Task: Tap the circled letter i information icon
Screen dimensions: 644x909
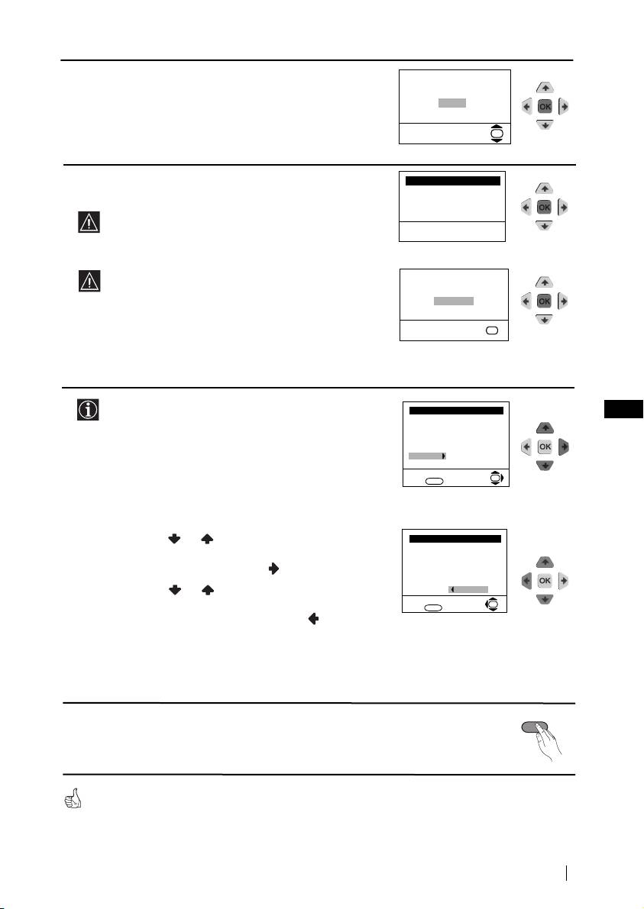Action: click(x=88, y=409)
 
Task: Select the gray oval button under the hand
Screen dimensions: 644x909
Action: click(x=534, y=727)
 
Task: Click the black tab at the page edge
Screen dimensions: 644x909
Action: click(x=623, y=408)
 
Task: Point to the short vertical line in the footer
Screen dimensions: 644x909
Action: click(x=566, y=873)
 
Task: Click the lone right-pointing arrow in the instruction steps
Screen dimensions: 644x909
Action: click(x=273, y=569)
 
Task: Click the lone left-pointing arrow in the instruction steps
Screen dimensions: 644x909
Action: click(x=313, y=618)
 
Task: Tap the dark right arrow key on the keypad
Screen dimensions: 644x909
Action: click(x=563, y=447)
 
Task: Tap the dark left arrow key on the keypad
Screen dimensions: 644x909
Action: click(x=527, y=580)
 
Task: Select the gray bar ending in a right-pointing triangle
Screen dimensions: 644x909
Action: click(x=427, y=456)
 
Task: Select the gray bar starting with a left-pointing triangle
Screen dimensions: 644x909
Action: click(x=468, y=589)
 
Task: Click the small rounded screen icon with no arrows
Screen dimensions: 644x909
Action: click(x=491, y=330)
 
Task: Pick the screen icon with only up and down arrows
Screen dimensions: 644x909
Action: click(x=497, y=134)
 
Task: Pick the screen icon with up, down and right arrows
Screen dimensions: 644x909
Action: click(x=497, y=479)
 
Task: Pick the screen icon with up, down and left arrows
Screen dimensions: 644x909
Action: click(x=491, y=604)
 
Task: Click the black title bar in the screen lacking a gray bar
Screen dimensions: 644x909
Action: click(x=452, y=181)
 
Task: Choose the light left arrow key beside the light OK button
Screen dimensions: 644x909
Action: click(x=526, y=447)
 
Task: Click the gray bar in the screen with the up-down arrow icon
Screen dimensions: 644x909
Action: click(x=452, y=102)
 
